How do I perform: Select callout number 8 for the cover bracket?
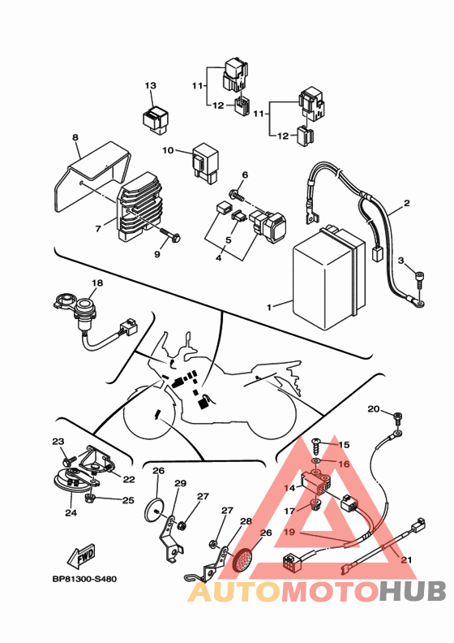[75, 137]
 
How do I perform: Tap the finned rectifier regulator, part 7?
[139, 206]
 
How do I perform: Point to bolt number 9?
[172, 234]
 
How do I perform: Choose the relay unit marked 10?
[205, 163]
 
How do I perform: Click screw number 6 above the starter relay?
[236, 194]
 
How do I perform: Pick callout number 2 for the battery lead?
[406, 203]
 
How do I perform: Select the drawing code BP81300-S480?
[84, 579]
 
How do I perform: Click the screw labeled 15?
[317, 443]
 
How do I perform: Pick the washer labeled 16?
[316, 462]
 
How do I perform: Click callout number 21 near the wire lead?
[406, 559]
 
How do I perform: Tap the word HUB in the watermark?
[412, 591]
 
